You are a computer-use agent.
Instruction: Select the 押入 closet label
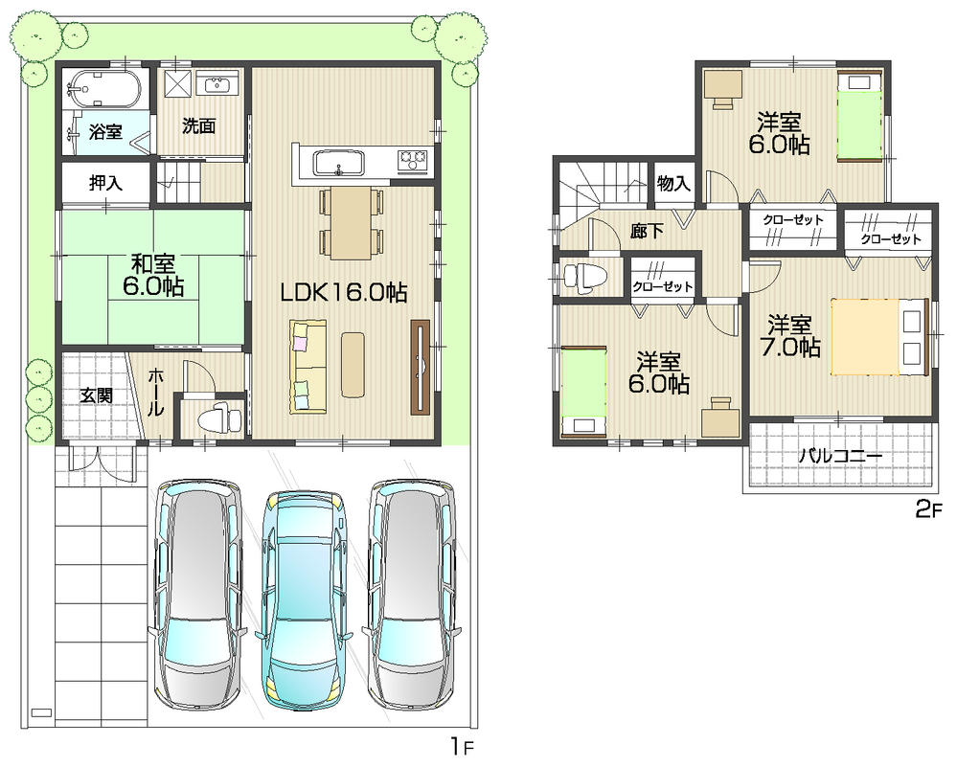point(105,184)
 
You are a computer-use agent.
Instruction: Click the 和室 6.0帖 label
point(152,272)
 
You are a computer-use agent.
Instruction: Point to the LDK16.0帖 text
point(344,295)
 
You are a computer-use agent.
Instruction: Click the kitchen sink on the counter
point(338,162)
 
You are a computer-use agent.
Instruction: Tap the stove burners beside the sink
point(415,159)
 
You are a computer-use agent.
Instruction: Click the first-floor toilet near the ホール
point(216,418)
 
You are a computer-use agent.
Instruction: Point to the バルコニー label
point(840,457)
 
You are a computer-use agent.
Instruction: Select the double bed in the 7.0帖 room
point(879,336)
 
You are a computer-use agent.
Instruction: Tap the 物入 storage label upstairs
point(674,184)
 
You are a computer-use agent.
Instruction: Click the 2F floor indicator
point(928,509)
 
